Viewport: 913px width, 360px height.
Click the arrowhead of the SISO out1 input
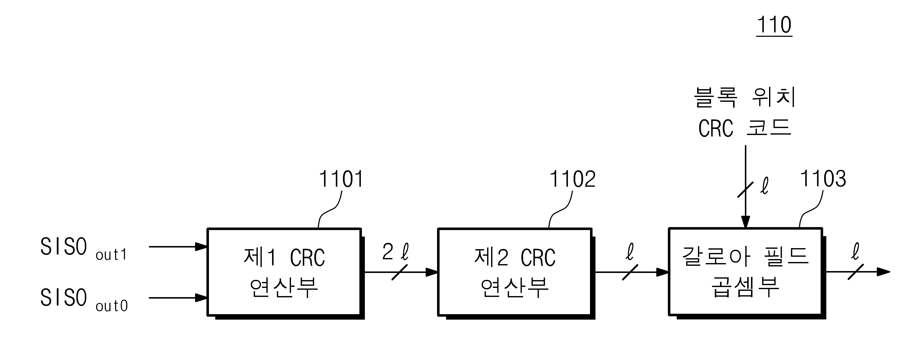pyautogui.click(x=201, y=247)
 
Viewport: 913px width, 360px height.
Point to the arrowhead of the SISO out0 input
pyautogui.click(x=201, y=298)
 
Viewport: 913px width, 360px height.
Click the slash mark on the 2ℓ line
pyautogui.click(x=399, y=272)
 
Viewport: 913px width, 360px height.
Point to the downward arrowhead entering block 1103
pyautogui.click(x=745, y=222)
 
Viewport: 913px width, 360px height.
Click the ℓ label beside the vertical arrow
pyautogui.click(x=764, y=186)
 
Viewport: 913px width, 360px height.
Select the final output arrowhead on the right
pyautogui.click(x=883, y=272)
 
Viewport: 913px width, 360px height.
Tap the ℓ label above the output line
pyautogui.click(x=855, y=251)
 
